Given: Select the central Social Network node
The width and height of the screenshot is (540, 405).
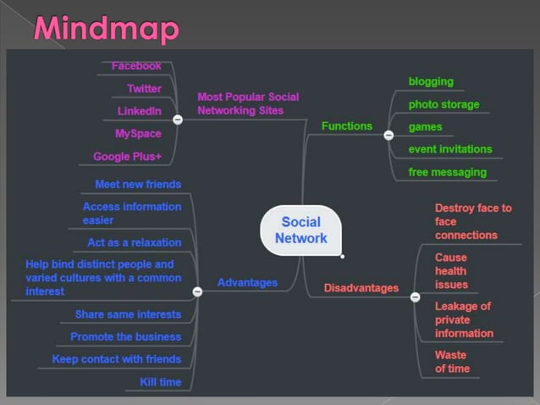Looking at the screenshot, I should [300, 230].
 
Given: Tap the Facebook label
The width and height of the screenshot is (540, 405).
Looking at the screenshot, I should [136, 66].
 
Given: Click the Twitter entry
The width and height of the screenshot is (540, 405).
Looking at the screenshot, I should [144, 88].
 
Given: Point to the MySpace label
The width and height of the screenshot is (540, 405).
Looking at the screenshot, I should [138, 133].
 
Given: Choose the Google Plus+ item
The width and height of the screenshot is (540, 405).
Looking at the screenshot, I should [127, 156].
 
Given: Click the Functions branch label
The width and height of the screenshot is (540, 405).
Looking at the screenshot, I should [346, 125].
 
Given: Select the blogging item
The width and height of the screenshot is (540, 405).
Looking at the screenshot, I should [431, 81].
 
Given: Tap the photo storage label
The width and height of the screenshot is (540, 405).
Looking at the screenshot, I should [444, 104].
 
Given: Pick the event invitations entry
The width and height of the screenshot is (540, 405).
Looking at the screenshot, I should [449, 149].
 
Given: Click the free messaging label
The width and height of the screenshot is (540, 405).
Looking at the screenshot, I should [447, 172].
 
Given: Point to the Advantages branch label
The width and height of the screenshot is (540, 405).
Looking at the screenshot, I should [247, 282].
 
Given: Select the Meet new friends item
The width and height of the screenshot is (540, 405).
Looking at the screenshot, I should [138, 184].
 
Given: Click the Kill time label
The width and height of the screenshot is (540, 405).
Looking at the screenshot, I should [161, 382].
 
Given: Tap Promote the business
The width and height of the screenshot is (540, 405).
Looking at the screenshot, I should [126, 336].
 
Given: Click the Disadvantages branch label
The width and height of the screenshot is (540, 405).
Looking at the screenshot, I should [361, 288].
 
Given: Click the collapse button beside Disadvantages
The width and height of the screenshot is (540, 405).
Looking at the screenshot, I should [415, 297].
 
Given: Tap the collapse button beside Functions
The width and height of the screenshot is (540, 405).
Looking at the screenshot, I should [388, 134].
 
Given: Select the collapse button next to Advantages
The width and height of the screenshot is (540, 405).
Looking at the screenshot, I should [197, 291].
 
